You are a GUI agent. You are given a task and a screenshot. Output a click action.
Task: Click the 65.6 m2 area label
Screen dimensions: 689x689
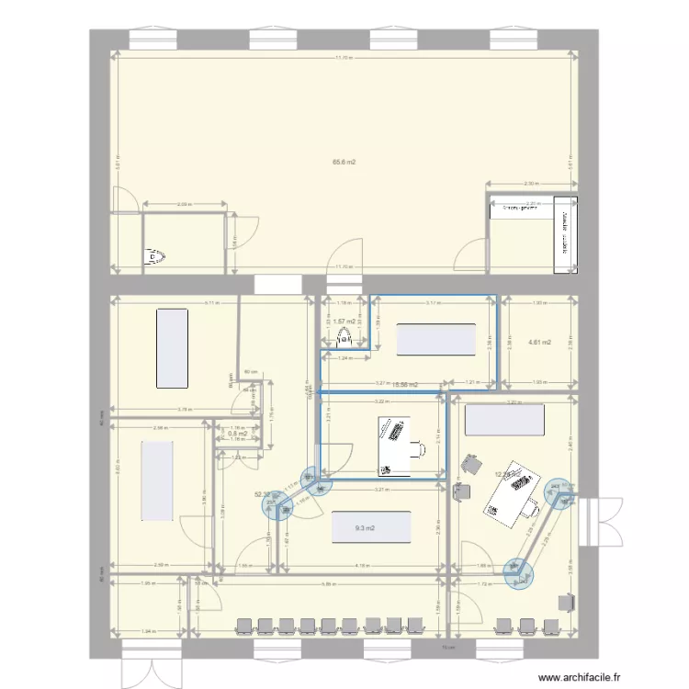pos(344,162)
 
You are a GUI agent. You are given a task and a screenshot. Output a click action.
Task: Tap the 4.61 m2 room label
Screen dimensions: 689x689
pos(539,343)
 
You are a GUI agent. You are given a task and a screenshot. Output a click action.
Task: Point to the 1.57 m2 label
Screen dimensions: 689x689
pos(344,322)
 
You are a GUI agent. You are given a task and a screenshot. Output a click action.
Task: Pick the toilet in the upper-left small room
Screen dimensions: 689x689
pos(155,257)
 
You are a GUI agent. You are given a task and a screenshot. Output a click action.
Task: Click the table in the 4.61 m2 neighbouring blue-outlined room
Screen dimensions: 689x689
pos(435,339)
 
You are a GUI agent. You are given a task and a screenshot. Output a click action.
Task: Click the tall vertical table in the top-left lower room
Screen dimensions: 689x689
pos(172,347)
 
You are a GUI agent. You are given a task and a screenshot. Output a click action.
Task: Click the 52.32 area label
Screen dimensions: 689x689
pos(263,493)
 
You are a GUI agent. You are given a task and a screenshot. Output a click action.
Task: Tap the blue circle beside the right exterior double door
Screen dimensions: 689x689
pos(558,491)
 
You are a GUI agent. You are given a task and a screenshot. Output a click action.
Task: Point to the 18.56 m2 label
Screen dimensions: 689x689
pos(405,386)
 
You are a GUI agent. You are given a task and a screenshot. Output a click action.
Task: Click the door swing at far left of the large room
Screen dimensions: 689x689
pos(123,198)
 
